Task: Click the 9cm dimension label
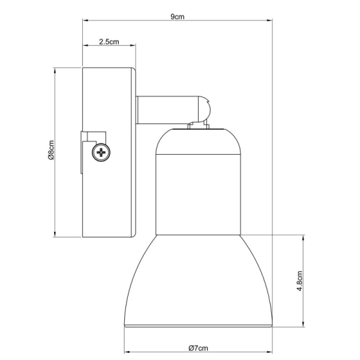coord(176,16)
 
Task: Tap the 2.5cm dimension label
coord(108,42)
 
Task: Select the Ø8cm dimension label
coord(52,153)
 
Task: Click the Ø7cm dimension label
coord(197,348)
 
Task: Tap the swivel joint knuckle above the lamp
coord(203,110)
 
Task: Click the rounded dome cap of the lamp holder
coord(197,140)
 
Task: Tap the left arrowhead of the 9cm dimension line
coord(85,21)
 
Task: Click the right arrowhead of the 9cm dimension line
coord(271,21)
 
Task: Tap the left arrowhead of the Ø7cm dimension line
coord(125,352)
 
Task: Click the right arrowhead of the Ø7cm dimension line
coord(271,352)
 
